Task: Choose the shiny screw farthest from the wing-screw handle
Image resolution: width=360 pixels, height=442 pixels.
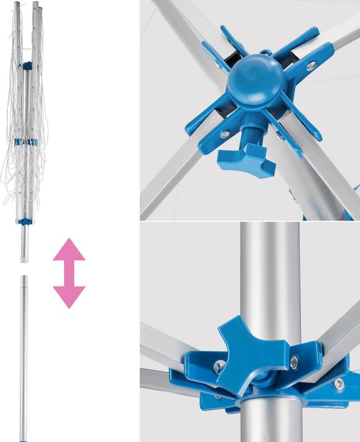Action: click(x=311, y=65)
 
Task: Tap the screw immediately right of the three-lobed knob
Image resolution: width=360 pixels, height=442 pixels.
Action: click(x=293, y=363)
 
